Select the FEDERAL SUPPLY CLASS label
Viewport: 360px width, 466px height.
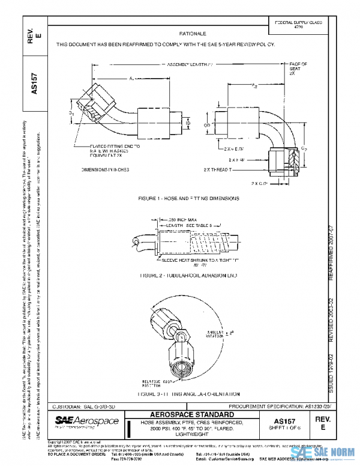click(x=298, y=22)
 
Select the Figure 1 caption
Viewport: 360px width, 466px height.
click(x=188, y=198)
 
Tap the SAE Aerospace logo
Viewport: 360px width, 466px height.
click(x=87, y=422)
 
